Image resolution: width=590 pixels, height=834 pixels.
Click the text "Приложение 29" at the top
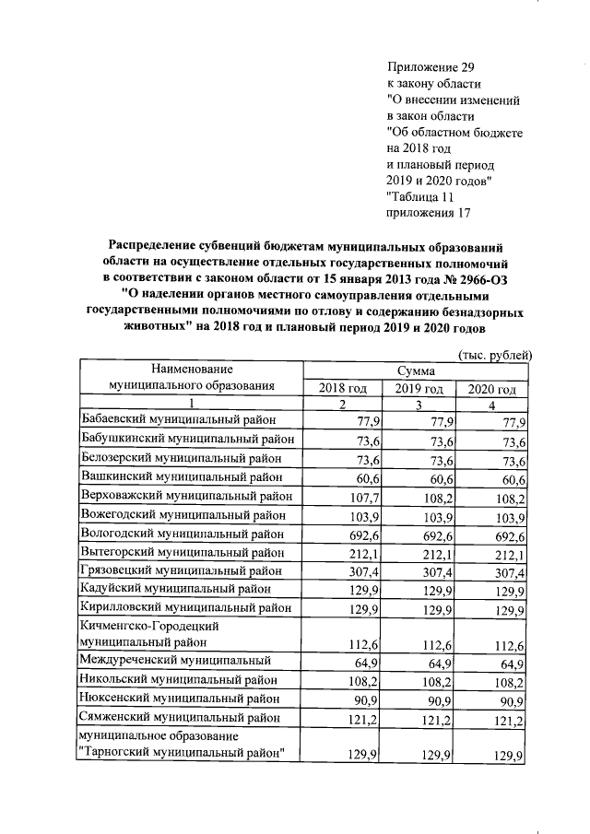[430, 66]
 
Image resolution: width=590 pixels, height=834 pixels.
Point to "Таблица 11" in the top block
[421, 196]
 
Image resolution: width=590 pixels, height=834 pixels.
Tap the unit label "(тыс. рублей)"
[495, 355]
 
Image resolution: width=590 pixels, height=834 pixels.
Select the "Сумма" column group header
[417, 370]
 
